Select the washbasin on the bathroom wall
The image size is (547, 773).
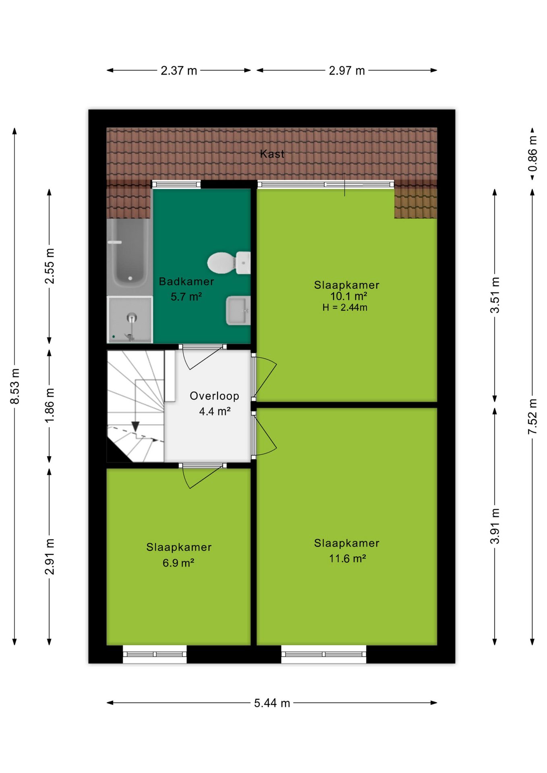(x=238, y=310)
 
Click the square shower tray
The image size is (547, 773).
(x=130, y=320)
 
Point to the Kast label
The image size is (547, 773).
(x=272, y=154)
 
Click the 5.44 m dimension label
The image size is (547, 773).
(x=272, y=703)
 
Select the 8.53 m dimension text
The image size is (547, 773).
(x=15, y=386)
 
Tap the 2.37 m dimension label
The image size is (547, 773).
(x=179, y=70)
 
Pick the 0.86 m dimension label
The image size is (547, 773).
(x=532, y=153)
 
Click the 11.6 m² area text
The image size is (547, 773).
(x=347, y=558)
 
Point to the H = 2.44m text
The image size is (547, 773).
(x=345, y=308)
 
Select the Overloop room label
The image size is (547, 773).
(x=214, y=396)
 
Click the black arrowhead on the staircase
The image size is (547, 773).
(x=135, y=426)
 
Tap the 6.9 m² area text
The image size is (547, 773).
(x=178, y=563)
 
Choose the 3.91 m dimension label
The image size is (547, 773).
(x=495, y=526)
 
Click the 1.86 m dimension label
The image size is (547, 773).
(x=50, y=405)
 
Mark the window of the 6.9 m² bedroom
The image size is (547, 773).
(x=155, y=654)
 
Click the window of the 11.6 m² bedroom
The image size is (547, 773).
(x=324, y=654)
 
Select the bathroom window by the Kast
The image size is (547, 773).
(x=176, y=184)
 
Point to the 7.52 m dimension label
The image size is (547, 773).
(x=532, y=416)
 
